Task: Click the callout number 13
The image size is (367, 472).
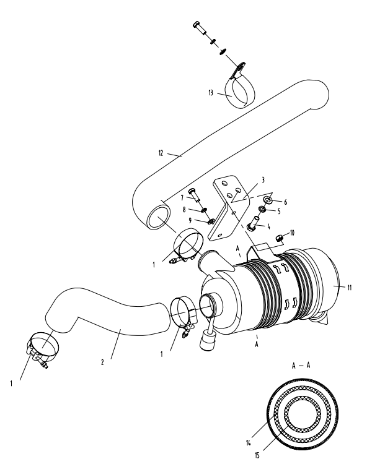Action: pyautogui.click(x=211, y=93)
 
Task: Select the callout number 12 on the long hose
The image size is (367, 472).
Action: pyautogui.click(x=161, y=153)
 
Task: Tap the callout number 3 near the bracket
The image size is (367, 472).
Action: pyautogui.click(x=263, y=180)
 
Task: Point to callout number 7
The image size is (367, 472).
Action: pyautogui.click(x=182, y=198)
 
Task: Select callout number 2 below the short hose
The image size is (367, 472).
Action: pyautogui.click(x=102, y=362)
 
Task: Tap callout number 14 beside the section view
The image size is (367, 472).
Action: pyautogui.click(x=248, y=442)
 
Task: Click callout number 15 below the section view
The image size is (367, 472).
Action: pyautogui.click(x=257, y=455)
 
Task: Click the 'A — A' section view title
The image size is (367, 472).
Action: pyautogui.click(x=301, y=366)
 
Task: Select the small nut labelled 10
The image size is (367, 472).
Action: pyautogui.click(x=279, y=238)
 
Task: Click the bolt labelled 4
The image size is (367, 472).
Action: pyautogui.click(x=252, y=225)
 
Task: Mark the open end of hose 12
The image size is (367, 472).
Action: pyautogui.click(x=158, y=217)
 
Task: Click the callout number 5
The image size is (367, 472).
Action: pyautogui.click(x=279, y=212)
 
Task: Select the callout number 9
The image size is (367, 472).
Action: pyautogui.click(x=190, y=220)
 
